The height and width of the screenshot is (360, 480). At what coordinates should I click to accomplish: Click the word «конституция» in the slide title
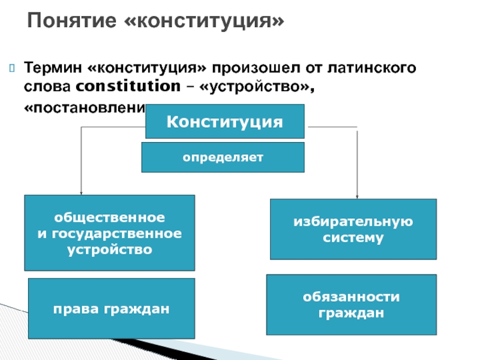click(204, 23)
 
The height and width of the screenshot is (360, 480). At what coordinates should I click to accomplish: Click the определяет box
click(223, 157)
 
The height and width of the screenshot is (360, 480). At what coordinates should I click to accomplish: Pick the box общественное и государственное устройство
click(109, 232)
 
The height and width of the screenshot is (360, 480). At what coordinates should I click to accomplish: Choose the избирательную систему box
click(353, 229)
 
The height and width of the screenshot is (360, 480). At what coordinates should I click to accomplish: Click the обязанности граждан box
click(351, 305)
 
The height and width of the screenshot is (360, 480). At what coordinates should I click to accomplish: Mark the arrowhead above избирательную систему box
click(357, 196)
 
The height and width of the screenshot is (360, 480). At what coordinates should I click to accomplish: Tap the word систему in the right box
click(353, 238)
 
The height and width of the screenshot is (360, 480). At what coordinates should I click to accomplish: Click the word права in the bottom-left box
click(74, 309)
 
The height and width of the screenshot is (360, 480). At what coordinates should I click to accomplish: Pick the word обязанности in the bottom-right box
click(351, 297)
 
